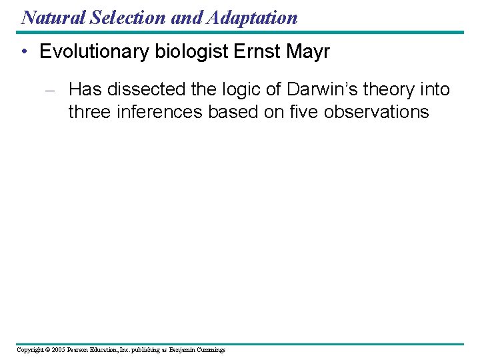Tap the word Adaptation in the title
coord(253,17)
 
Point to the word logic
coord(247,89)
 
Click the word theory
coord(388,89)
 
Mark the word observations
coord(376,111)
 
